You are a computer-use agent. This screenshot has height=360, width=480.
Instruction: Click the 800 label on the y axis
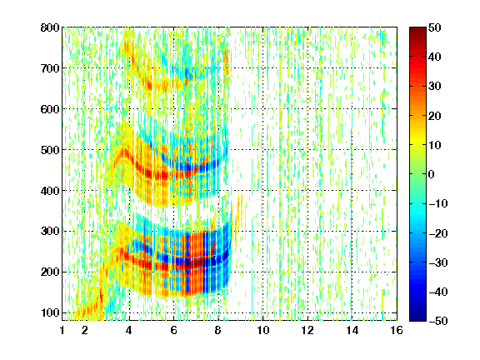(50, 27)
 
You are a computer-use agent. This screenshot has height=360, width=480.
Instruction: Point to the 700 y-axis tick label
(50, 68)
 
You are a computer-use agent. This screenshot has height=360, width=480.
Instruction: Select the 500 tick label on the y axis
(50, 150)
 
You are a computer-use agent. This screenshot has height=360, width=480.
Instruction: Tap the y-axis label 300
(50, 231)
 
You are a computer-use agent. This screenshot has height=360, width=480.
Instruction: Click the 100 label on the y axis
(51, 312)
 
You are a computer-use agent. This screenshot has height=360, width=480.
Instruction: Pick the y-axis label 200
(50, 272)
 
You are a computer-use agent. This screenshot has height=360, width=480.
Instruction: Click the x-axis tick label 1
(62, 330)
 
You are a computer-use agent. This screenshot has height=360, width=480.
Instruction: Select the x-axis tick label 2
(85, 330)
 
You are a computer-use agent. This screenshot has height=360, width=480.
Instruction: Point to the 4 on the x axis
(129, 330)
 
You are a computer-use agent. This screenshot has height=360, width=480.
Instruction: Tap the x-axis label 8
(217, 330)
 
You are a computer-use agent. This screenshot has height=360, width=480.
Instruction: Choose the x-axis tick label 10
(263, 330)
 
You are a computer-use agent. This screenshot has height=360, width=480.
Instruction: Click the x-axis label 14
(352, 330)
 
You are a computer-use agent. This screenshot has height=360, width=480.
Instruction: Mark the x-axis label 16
(397, 330)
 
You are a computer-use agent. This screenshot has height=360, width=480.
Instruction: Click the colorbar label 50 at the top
(435, 27)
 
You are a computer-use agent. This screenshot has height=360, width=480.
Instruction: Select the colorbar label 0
(432, 174)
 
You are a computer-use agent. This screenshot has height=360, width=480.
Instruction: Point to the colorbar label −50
(438, 321)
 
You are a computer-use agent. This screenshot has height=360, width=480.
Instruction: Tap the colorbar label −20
(438, 233)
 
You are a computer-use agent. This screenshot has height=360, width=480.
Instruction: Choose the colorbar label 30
(435, 87)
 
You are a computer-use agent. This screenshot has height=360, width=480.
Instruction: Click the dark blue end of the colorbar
(417, 318)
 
